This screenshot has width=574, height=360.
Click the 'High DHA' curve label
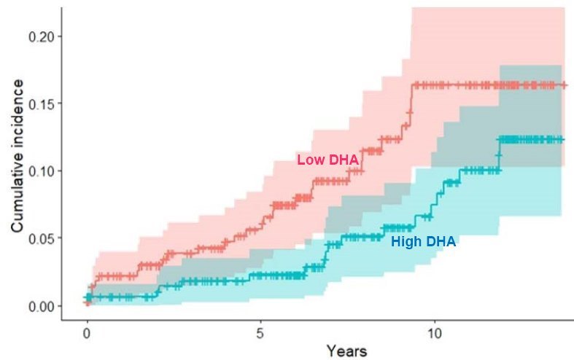point(423,243)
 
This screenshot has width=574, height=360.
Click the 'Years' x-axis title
point(346,351)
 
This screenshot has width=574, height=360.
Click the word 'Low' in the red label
point(306,160)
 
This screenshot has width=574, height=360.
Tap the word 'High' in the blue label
point(406,243)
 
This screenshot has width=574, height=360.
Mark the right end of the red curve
point(564,85)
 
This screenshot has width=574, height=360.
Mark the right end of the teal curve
point(563,139)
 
